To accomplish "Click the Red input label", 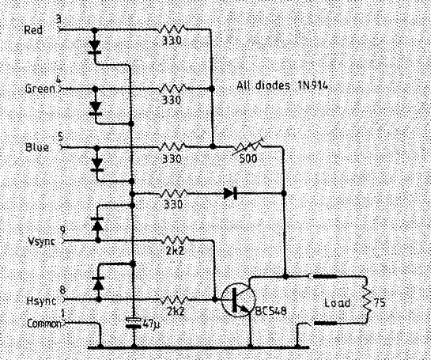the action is pos(33,30).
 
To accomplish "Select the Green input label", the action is pos(40,89).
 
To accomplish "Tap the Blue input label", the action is pos(37,147).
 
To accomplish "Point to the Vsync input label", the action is pos(41,241).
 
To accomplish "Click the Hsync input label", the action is pos(41,301).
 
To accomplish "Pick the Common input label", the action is pos(44,324).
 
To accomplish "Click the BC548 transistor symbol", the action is pos(239,300).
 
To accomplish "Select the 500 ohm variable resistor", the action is pos(247,146).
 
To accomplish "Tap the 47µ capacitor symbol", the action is pos(134,323).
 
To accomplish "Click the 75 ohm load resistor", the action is pos(367,300).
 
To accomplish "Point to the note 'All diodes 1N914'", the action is pos(282,85).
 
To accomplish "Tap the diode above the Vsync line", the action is pos(98,224).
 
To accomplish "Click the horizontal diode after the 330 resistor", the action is pos(230,194).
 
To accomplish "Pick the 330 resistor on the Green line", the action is pos(172,89).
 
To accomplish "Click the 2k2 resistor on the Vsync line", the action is pos(175,241).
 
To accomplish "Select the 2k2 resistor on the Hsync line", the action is pos(175,300).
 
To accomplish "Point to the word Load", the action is pos(338,303).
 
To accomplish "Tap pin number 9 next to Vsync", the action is pos(63,231).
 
